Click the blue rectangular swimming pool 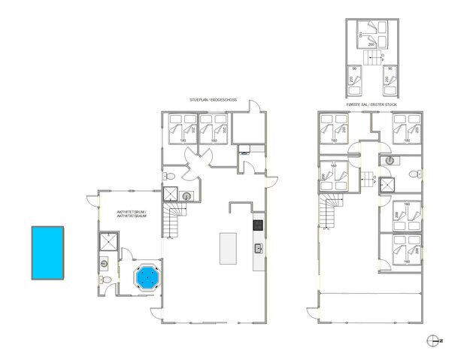(47, 253)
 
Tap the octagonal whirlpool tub (147, 277)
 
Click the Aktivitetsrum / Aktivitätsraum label (132, 215)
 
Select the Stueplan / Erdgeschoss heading (213, 101)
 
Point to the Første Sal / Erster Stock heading (370, 104)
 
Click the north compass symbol (432, 340)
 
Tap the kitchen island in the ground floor (228, 248)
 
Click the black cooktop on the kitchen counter (258, 224)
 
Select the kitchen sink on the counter (259, 248)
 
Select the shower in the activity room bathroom (108, 243)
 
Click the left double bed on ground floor (181, 129)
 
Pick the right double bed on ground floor (213, 129)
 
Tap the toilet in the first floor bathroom (412, 174)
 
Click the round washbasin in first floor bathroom (390, 160)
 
